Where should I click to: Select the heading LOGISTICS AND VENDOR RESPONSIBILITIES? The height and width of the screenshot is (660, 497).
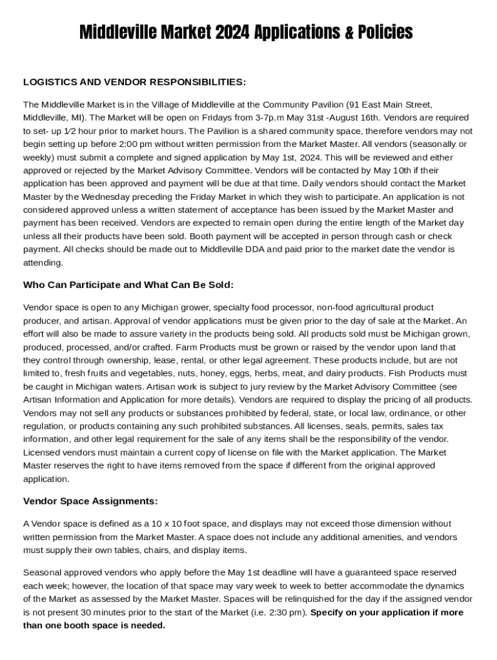click(134, 82)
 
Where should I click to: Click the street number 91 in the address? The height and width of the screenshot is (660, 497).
click(352, 104)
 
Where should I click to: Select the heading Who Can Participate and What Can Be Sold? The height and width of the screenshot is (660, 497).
click(128, 285)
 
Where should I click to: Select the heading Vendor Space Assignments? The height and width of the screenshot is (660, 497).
click(90, 501)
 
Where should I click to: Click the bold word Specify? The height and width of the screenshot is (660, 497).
click(329, 612)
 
